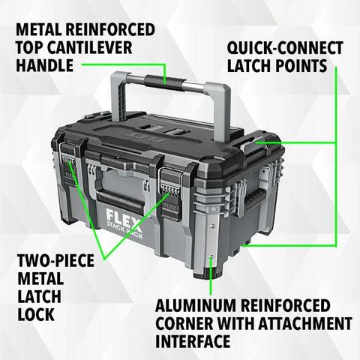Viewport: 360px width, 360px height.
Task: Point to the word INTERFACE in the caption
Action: point(192,343)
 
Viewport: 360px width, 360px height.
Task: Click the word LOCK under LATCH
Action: point(34,314)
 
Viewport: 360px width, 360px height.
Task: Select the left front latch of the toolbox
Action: point(70,171)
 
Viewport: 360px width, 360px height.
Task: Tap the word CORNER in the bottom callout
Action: point(191,325)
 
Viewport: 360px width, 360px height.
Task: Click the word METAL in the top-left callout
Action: point(38,31)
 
